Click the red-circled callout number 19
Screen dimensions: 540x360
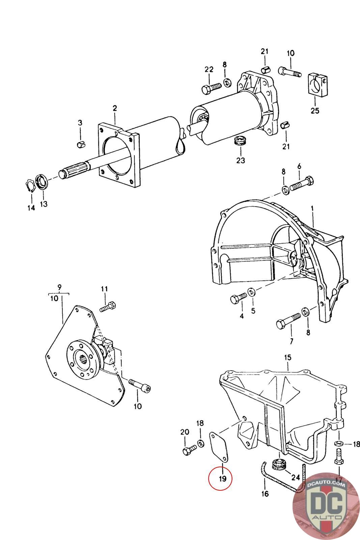coord(220,478)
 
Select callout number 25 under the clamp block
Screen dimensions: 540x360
coord(314,110)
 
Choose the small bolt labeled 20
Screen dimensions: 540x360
coord(189,450)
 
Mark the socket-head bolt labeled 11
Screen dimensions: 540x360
coord(108,307)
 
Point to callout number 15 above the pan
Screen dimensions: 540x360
coord(287,357)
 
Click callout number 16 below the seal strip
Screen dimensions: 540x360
coord(265,494)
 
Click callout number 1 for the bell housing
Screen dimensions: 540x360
coord(312,209)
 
